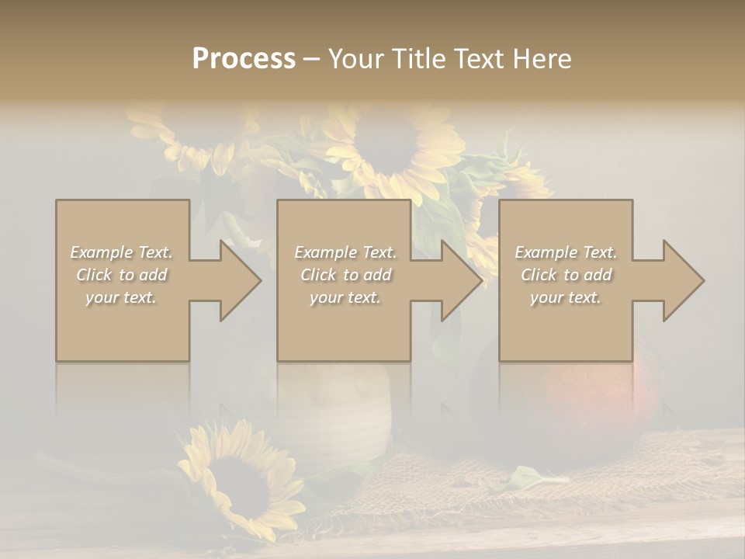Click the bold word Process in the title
coord(244,58)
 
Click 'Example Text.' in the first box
coord(121,252)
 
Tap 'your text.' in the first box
coord(121,297)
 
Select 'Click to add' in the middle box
coord(345,275)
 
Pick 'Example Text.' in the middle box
coord(345,252)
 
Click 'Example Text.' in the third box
coord(566,252)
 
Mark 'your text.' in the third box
coord(566,297)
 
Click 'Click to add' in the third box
coord(566,275)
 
